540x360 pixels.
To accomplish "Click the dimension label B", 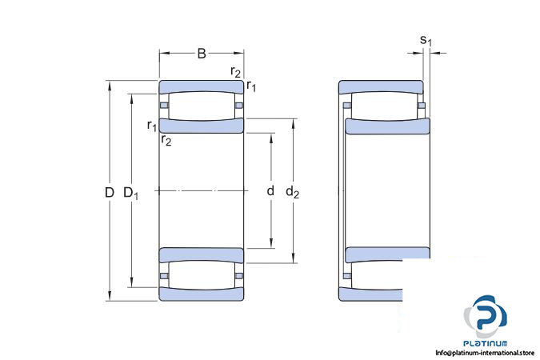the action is coord(202,54).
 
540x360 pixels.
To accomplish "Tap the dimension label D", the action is coord(109,192).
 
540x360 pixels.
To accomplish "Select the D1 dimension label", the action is coord(131,194).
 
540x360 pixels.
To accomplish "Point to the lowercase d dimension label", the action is coord(270,190).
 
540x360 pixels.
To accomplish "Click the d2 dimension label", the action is coord(292,192).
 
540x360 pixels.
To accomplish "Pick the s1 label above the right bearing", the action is coord(426,41).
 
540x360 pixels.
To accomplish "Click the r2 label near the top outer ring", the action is coord(235,72).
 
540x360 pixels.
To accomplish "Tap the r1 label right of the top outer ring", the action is coord(251,86).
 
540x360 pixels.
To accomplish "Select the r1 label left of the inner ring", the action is coord(152,126).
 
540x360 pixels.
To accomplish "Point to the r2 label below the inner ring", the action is coord(166,140).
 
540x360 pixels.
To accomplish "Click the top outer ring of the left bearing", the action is coord(202,87).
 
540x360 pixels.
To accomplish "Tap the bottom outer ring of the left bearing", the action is coord(202,294).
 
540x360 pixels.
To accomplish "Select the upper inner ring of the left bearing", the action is coord(202,126).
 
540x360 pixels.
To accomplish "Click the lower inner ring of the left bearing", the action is coord(202,255).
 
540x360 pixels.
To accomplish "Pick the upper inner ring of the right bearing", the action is coord(388,126).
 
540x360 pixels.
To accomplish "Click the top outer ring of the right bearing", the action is coord(381,87).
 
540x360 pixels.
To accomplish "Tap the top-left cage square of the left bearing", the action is coord(164,105).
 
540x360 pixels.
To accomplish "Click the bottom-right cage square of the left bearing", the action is coord(239,275).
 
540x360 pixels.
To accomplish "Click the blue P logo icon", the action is coord(486,317).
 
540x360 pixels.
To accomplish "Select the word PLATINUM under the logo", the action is coord(486,343).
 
